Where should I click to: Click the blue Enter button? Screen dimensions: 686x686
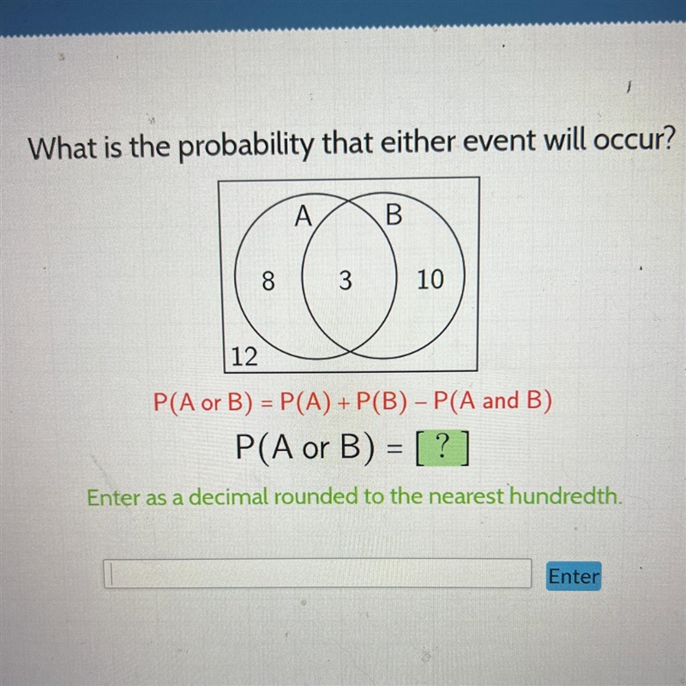[x=573, y=575]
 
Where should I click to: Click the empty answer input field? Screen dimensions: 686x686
[x=317, y=573]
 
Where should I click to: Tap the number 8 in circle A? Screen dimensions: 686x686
[x=268, y=280]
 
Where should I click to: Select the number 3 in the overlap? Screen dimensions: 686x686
[x=346, y=280]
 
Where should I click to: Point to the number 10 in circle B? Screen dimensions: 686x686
[x=430, y=280]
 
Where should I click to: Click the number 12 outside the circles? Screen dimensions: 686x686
[x=244, y=357]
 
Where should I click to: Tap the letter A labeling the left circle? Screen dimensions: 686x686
[x=304, y=216]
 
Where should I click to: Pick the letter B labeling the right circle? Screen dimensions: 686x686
[x=394, y=215]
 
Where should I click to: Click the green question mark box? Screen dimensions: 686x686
[x=442, y=448]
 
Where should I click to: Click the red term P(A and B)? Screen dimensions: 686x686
[x=492, y=400]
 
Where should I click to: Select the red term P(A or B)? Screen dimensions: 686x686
[x=203, y=401]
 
